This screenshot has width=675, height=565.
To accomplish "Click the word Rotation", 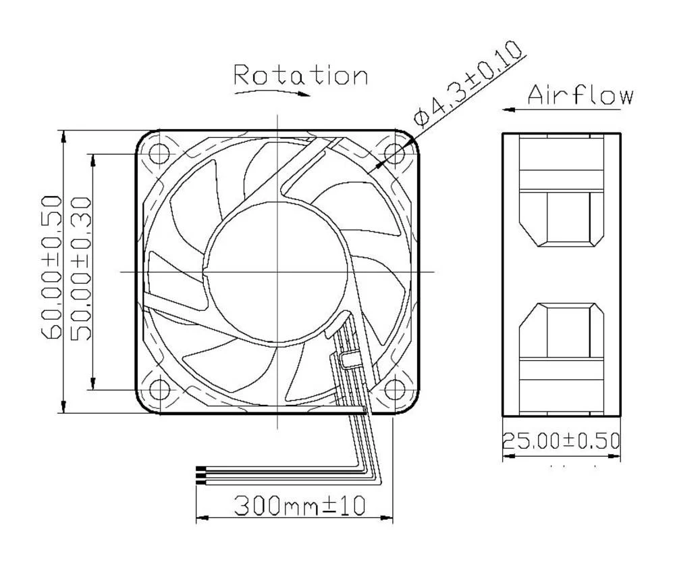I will tap(301, 75).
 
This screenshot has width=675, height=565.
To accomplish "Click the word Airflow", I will tap(580, 95).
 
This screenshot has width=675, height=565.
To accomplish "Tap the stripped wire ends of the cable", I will tap(200, 476).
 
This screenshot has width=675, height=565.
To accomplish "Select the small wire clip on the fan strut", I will tap(348, 358).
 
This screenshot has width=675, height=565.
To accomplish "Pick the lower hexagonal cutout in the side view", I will tap(560, 331).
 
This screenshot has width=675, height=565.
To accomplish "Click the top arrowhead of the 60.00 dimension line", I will tap(63, 136).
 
